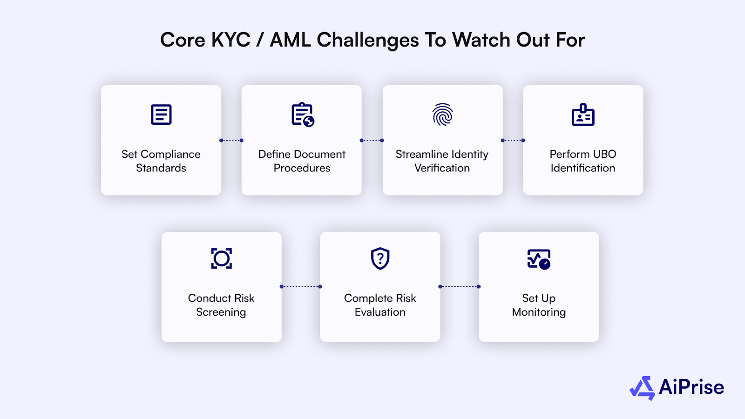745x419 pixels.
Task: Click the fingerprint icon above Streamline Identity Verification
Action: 442,115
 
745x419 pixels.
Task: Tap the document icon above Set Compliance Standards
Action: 161,115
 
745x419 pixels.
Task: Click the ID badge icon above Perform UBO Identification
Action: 583,115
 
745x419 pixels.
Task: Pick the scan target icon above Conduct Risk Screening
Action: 222,258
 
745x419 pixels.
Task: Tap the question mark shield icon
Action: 380,258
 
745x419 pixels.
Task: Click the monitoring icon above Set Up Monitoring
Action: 539,259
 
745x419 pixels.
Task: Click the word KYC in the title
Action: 231,40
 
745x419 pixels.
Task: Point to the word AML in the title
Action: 291,40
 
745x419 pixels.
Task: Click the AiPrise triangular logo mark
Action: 643,388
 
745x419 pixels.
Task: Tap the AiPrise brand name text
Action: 691,387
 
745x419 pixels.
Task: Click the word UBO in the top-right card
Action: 604,154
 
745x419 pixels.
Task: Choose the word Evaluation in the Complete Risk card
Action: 380,312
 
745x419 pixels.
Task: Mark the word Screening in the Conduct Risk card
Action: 221,312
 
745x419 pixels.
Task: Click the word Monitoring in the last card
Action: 539,312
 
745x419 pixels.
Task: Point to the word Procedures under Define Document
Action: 302,168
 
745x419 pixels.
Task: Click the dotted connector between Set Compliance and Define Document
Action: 231,140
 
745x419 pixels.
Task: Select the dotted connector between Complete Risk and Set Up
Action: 459,287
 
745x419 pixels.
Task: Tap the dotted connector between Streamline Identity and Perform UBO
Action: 513,140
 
